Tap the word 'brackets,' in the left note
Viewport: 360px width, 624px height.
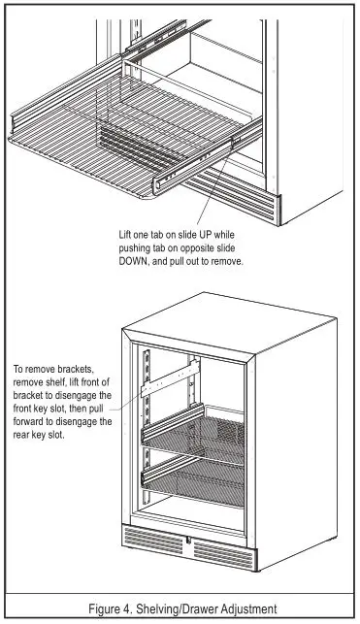(83, 370)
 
